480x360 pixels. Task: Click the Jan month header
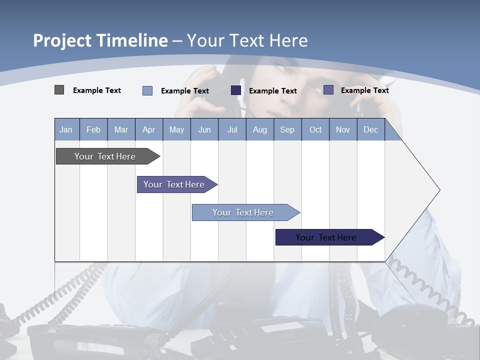[66, 129]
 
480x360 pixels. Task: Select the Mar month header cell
[121, 129]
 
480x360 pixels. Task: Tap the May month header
[176, 129]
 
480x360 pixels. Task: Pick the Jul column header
[232, 129]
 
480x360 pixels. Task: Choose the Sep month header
[287, 129]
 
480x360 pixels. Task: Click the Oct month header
[315, 129]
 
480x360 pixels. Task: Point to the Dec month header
[370, 129]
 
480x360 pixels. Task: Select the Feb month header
[93, 129]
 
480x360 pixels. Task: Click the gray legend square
[59, 90]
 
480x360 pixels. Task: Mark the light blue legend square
[147, 90]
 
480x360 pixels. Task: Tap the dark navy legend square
[236, 90]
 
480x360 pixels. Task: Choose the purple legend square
[328, 90]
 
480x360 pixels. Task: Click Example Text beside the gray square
[97, 90]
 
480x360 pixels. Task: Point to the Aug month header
[259, 129]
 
